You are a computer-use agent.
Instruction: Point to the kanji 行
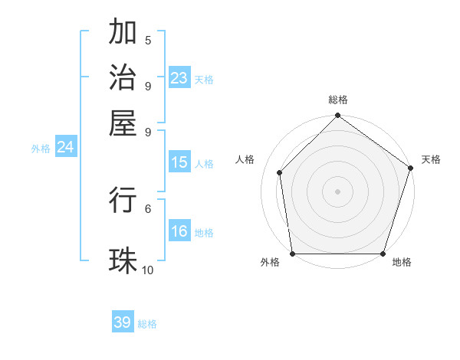123,199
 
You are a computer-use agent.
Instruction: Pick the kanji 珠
123,260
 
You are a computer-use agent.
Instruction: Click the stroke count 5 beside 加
148,40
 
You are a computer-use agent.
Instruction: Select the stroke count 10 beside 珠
148,270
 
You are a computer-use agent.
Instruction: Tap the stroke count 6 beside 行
148,208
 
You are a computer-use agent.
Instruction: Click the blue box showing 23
179,77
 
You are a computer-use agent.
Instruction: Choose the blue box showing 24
65,147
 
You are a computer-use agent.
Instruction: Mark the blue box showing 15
179,162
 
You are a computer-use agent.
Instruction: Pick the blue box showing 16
179,231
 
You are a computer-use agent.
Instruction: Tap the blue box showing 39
123,322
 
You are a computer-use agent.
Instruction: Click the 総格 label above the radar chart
338,100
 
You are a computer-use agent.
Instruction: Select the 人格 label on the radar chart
245,159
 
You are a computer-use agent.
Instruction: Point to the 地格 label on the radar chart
402,263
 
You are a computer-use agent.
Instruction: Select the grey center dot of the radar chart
338,191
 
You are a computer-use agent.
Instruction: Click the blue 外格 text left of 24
41,149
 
